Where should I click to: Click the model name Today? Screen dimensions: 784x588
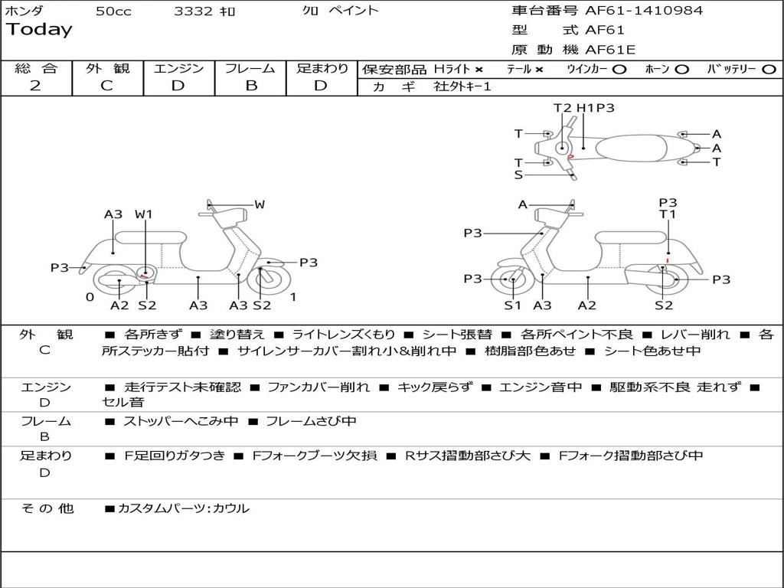pyautogui.click(x=39, y=30)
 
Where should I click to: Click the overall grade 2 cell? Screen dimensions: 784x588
pyautogui.click(x=35, y=86)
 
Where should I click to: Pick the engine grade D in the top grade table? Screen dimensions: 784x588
pyautogui.click(x=178, y=86)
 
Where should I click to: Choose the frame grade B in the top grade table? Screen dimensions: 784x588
pyautogui.click(x=250, y=86)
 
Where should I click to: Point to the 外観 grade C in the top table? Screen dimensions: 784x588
pyautogui.click(x=106, y=86)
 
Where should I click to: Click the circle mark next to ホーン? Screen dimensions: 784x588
pyautogui.click(x=681, y=69)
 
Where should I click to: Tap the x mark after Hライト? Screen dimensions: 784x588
pyautogui.click(x=479, y=69)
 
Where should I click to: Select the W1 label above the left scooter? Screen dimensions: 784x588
pyautogui.click(x=144, y=214)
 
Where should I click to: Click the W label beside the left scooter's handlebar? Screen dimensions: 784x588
pyautogui.click(x=260, y=204)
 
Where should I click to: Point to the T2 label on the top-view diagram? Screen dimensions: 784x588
pyautogui.click(x=563, y=108)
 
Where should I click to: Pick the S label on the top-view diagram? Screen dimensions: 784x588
pyautogui.click(x=518, y=175)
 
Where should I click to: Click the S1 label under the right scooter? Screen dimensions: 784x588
pyautogui.click(x=512, y=305)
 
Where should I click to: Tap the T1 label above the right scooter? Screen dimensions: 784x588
pyautogui.click(x=668, y=214)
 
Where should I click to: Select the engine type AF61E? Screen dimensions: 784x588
pyautogui.click(x=610, y=51)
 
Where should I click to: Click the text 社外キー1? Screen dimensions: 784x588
pyautogui.click(x=462, y=87)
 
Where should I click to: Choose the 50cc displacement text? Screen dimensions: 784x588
pyautogui.click(x=112, y=11)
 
